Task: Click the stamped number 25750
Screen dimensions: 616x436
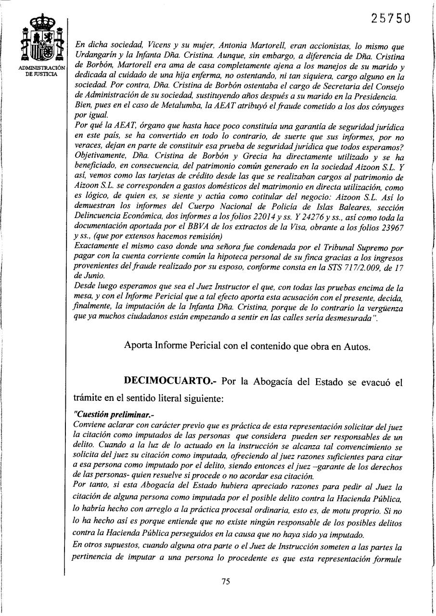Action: pos(391,18)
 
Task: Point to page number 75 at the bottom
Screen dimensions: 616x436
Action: pos(226,581)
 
